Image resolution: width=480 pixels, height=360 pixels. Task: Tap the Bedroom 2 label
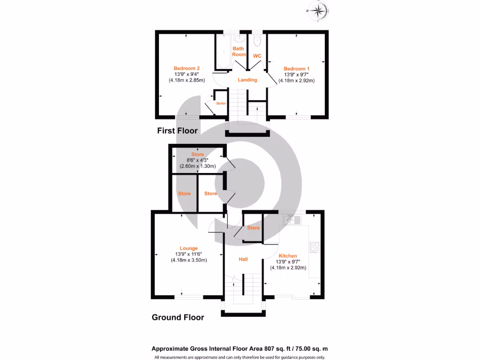point(187,68)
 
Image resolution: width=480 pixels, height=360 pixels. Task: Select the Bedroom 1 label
point(296,68)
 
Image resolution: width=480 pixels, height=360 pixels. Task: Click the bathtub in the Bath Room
point(224,52)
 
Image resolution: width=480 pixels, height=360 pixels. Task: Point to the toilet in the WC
point(256,42)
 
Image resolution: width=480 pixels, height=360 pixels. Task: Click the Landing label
point(247,80)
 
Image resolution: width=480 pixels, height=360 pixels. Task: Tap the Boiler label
point(221,103)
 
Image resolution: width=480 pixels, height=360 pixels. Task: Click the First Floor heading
point(177,131)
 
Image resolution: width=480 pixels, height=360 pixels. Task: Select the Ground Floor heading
point(178,317)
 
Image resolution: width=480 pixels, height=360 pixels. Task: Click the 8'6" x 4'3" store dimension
point(197,160)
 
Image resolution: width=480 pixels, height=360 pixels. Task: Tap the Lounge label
point(188,248)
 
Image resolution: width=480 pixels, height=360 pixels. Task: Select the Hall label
point(243,259)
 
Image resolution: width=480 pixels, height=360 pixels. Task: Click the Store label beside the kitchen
point(254,228)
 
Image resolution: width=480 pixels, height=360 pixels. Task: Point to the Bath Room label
point(239,51)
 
